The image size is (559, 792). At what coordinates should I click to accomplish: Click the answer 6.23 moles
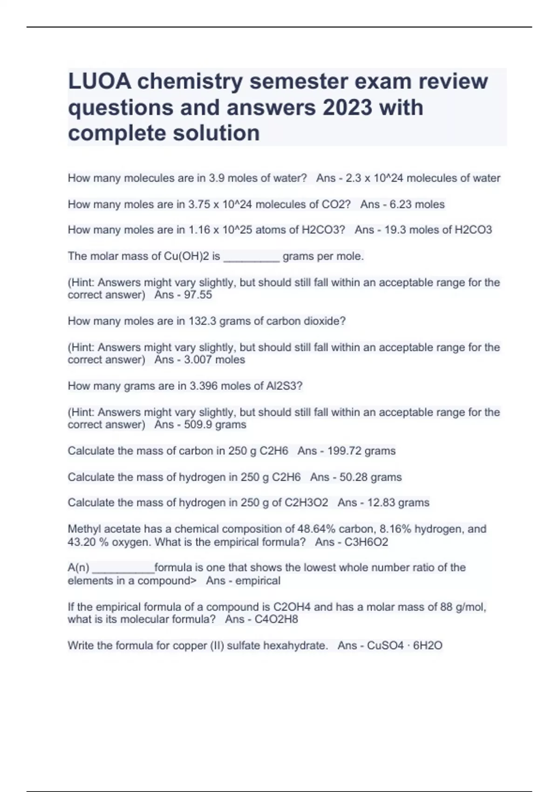pyautogui.click(x=415, y=204)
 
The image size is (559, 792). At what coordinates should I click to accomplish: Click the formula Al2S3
pyautogui.click(x=286, y=386)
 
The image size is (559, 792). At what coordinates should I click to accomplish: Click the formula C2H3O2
pyautogui.click(x=306, y=503)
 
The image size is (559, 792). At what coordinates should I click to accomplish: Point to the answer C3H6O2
pyautogui.click(x=366, y=542)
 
